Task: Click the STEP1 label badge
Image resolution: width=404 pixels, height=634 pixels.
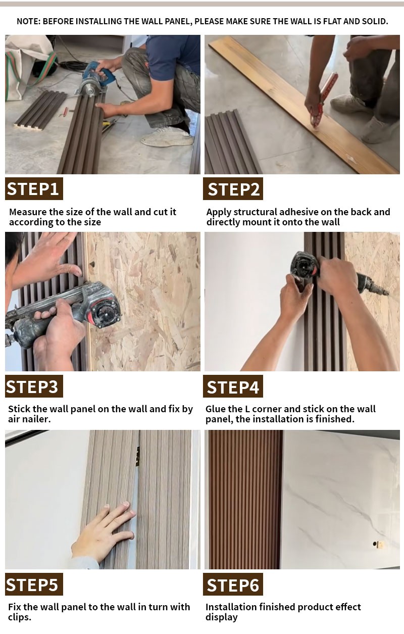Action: point(34,188)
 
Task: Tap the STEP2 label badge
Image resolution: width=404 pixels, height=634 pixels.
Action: point(233,188)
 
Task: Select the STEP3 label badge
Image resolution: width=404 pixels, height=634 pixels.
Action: point(34,386)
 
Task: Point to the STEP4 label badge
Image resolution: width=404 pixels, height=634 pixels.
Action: point(233,386)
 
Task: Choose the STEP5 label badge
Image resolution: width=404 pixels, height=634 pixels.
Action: point(34,584)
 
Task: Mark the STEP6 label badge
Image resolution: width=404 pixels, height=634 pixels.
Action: point(233,584)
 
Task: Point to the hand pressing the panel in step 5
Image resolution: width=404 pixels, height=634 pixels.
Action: point(103,532)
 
